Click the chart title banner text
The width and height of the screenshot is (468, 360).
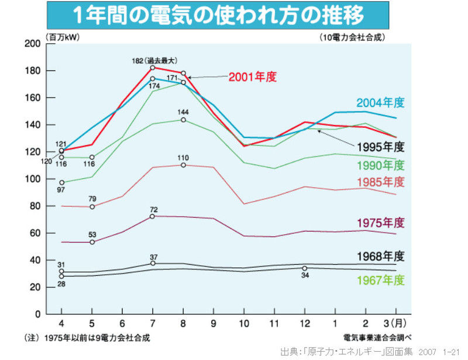(218, 13)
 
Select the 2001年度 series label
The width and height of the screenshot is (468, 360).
(252, 77)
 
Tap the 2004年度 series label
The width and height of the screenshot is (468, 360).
(381, 103)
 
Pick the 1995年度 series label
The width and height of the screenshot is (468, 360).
(381, 146)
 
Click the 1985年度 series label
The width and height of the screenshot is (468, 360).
(381, 182)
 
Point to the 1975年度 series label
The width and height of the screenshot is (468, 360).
(381, 222)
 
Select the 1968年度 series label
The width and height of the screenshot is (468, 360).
(381, 256)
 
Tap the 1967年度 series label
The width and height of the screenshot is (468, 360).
(381, 280)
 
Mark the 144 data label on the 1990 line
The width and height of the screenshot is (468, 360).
(183, 112)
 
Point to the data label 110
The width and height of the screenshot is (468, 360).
(183, 157)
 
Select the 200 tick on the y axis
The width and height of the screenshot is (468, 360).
(33, 44)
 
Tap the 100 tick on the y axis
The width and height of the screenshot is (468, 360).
(33, 179)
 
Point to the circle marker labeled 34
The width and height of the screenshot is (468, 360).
(304, 268)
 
